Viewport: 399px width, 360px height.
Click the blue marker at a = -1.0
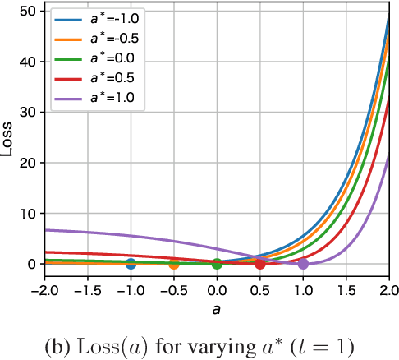coord(131,264)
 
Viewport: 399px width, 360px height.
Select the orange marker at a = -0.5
coord(173,264)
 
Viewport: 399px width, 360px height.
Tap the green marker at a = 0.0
coord(217,264)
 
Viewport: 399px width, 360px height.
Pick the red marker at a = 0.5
coord(260,264)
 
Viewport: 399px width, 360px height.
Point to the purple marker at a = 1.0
coord(303,264)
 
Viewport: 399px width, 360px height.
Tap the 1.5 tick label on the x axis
coord(346,290)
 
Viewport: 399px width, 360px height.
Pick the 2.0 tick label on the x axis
coord(388,290)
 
